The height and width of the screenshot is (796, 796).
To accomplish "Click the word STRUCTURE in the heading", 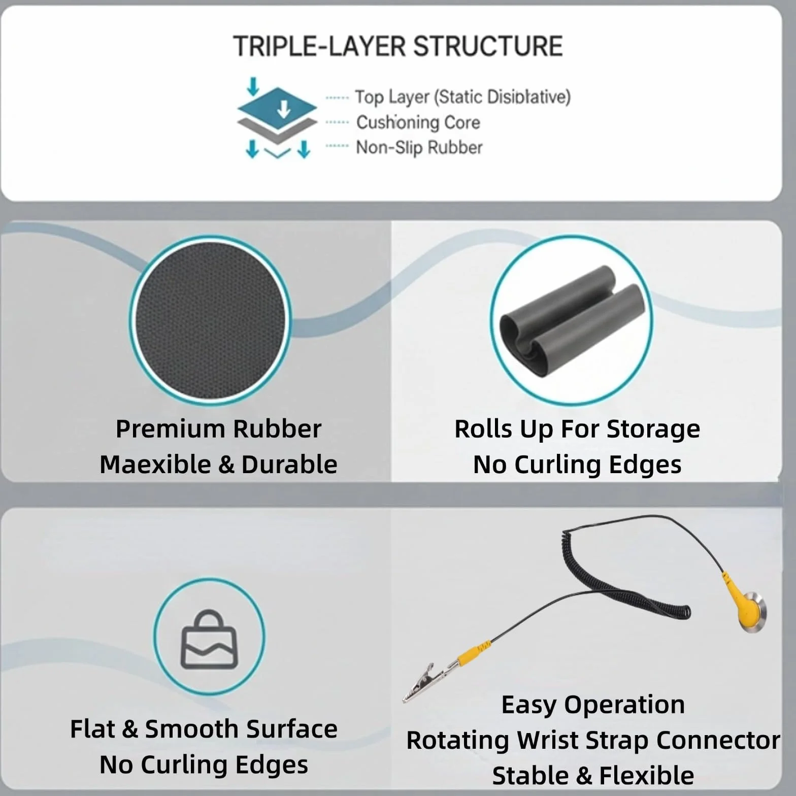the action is (488, 46).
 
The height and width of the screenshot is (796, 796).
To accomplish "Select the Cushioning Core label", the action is (418, 122).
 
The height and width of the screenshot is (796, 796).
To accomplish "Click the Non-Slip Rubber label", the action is (419, 148).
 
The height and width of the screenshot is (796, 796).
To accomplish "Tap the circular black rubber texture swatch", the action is (210, 321).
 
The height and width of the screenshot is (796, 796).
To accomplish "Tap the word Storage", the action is (653, 429).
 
